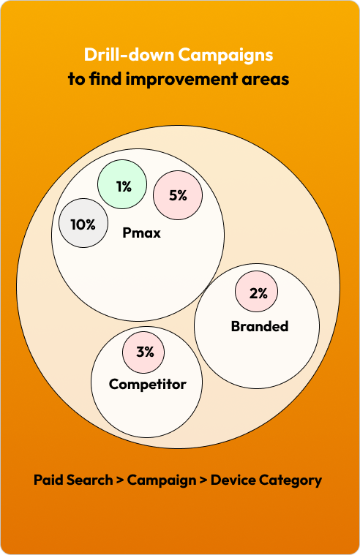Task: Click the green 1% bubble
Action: coord(122,184)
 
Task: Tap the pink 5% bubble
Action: coord(178,195)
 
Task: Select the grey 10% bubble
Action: coord(83,223)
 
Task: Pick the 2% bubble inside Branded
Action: coord(257,291)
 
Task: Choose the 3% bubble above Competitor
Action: coord(143,352)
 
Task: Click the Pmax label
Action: coord(141,233)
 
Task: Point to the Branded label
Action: coord(260,326)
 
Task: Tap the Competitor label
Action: coord(147,385)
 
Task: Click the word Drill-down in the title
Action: coord(129,55)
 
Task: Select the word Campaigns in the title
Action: coord(225,56)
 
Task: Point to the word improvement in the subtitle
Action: coord(182,79)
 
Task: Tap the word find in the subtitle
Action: coord(105,78)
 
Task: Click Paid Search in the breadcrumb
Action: coord(73,480)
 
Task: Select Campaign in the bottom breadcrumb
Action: coord(162,480)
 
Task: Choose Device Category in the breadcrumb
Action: coord(266,480)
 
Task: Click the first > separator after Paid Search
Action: coord(120,480)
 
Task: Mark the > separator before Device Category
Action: coord(203,480)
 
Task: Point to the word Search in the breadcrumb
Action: coord(90,480)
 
